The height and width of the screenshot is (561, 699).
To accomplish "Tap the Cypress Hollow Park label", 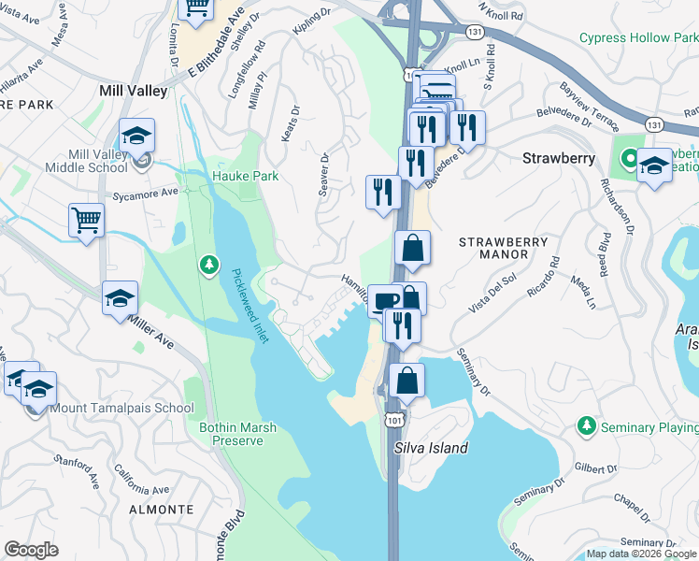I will [x=638, y=37].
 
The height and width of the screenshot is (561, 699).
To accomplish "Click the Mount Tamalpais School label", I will [x=121, y=408].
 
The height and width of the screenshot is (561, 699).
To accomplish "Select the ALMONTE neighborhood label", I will [x=160, y=510].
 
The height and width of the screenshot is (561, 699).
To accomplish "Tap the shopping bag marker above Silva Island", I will [x=407, y=381].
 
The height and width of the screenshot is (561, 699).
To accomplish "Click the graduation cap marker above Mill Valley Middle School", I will [x=136, y=136].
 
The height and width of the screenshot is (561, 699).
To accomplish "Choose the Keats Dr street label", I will [x=291, y=123].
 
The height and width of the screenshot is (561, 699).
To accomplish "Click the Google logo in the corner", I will [x=32, y=550].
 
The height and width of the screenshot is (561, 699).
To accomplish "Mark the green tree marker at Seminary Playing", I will [x=586, y=426].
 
